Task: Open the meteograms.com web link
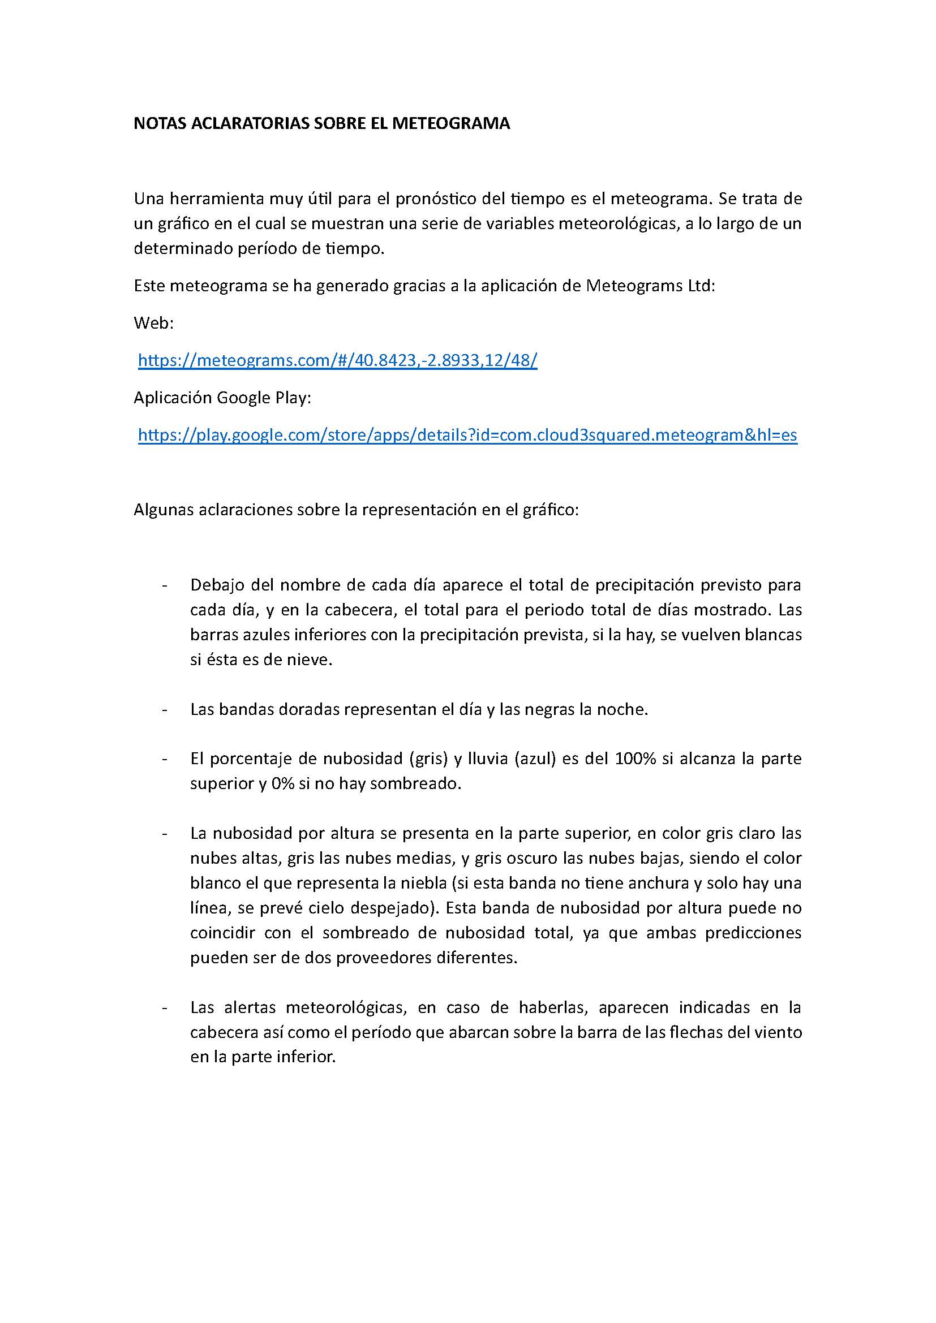(338, 361)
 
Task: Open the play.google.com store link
(467, 435)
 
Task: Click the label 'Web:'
(154, 324)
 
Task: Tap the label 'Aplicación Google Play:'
(222, 398)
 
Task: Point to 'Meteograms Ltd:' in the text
(650, 286)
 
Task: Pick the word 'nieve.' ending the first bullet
(310, 660)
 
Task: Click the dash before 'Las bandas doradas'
(165, 710)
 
